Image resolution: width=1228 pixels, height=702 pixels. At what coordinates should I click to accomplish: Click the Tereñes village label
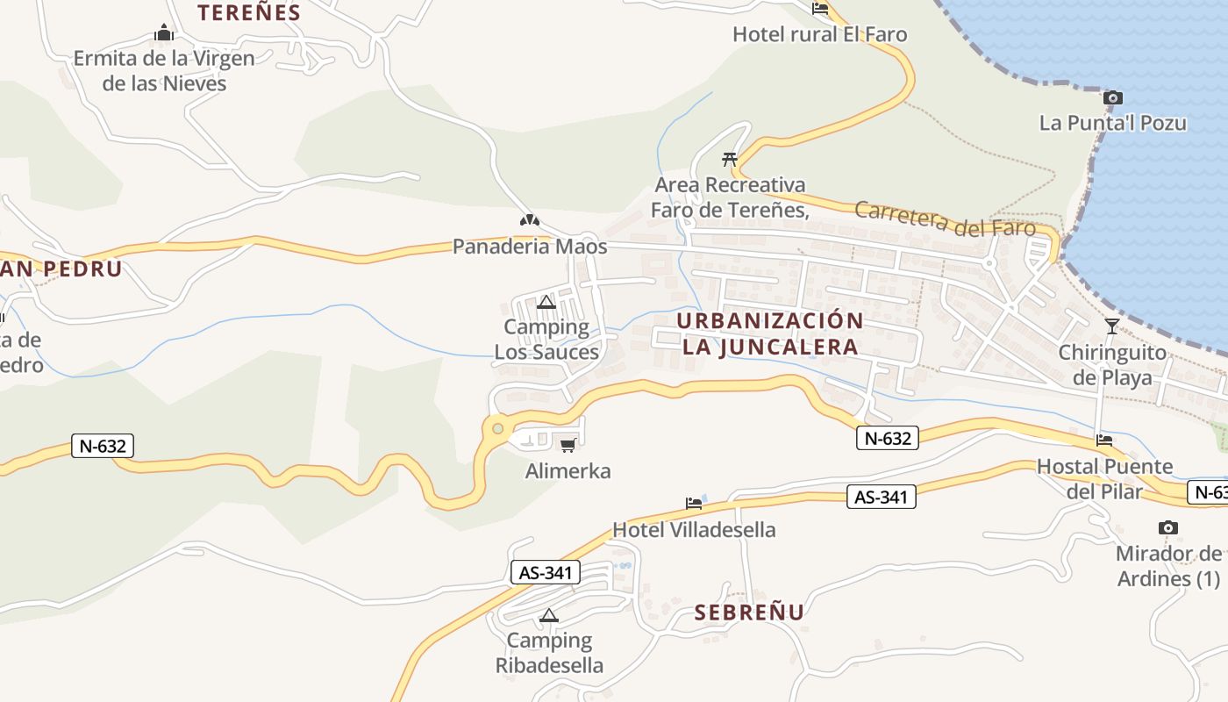(248, 13)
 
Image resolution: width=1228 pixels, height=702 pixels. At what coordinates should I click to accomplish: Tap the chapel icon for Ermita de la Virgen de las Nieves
(163, 34)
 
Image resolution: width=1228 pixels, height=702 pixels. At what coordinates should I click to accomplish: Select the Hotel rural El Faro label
(819, 34)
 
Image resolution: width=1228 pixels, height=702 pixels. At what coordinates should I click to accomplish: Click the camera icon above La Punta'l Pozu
(1112, 97)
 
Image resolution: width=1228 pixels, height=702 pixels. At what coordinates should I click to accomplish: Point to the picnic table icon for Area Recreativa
(729, 159)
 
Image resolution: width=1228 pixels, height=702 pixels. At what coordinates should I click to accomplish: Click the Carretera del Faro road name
(944, 218)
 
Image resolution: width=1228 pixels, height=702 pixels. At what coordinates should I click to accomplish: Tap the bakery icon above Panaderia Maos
(529, 221)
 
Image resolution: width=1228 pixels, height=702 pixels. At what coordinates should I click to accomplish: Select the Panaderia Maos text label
(529, 247)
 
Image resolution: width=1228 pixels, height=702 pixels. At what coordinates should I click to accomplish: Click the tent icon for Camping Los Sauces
(546, 303)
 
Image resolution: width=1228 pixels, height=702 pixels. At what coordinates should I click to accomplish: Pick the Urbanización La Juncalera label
(770, 333)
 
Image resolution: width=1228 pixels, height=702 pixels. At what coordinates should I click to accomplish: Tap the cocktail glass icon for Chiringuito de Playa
(1111, 326)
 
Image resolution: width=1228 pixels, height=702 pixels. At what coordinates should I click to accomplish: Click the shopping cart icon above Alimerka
(568, 445)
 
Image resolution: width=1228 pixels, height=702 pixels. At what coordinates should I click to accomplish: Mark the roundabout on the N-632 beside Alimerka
(498, 428)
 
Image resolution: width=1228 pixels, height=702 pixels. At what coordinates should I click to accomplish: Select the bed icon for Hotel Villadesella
(694, 504)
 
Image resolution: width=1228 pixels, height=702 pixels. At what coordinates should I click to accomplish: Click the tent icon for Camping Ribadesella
(549, 615)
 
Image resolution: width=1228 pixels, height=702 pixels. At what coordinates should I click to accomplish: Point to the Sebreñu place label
(749, 612)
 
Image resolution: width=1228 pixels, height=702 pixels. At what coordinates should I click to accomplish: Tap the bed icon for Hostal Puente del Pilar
(1103, 440)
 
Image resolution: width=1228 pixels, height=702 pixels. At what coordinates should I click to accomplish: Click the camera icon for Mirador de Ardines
(1167, 527)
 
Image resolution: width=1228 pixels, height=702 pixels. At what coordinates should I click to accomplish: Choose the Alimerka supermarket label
(568, 471)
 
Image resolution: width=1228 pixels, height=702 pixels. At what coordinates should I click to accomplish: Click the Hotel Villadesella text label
(694, 530)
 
